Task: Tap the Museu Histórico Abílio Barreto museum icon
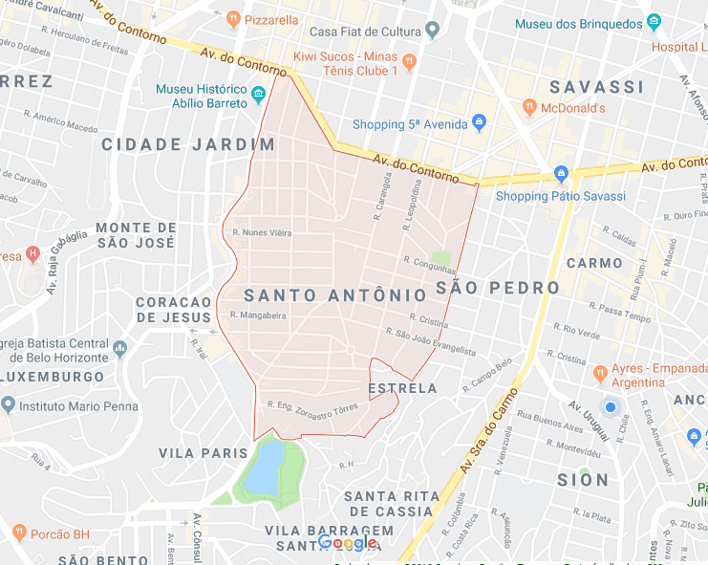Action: pos(258,97)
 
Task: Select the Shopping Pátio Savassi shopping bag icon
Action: pos(561,176)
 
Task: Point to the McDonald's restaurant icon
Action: pos(529,108)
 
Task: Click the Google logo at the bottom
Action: pos(348,543)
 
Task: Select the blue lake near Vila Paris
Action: pos(264,467)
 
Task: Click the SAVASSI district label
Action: pos(596,87)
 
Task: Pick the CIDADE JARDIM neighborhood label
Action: pos(188,144)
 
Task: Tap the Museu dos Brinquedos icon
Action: pos(654,22)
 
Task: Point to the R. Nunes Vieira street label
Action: pos(262,231)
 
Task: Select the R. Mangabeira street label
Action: pos(258,315)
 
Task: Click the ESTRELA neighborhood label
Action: pos(402,388)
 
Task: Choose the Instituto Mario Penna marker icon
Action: pos(8,405)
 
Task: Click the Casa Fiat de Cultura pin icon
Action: pos(431,31)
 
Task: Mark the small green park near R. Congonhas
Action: pos(440,258)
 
